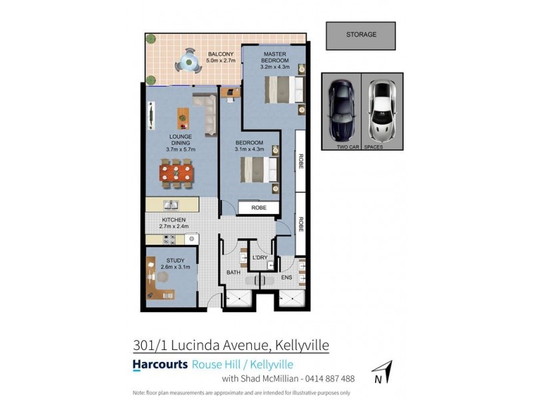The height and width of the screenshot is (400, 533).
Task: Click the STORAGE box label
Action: [360, 35]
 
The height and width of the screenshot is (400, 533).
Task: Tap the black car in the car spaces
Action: [341, 108]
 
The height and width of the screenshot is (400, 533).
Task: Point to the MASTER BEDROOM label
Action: [274, 57]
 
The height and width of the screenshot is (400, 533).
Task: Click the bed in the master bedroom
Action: [280, 89]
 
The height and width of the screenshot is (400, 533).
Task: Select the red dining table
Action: [177, 173]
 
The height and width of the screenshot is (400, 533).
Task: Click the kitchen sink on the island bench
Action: [171, 205]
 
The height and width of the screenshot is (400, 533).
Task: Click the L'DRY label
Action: [259, 257]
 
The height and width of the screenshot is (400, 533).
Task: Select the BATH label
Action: [233, 273]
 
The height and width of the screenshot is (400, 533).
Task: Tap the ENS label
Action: [287, 277]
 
